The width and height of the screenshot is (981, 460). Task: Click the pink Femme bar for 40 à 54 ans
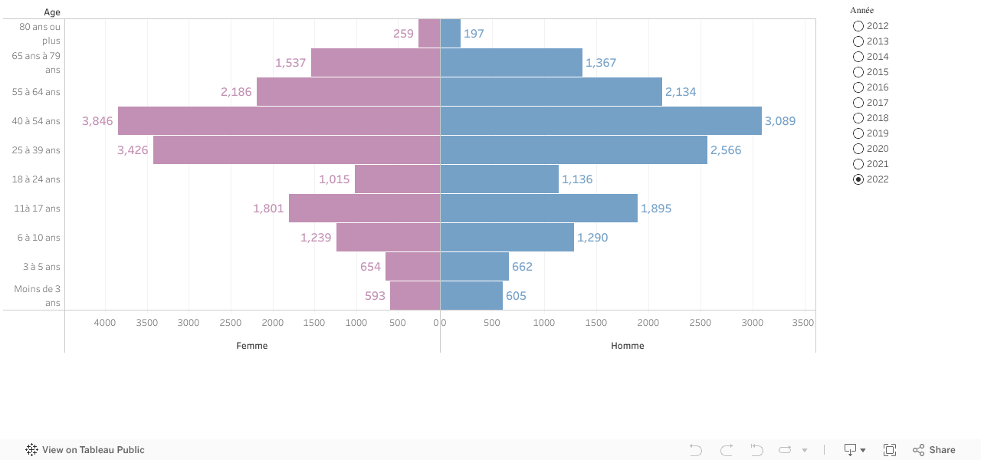click(x=279, y=121)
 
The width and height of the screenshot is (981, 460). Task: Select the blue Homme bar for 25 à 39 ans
click(x=573, y=150)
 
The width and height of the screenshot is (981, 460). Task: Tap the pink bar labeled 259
click(x=429, y=34)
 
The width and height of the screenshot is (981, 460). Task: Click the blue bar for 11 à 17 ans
click(x=539, y=209)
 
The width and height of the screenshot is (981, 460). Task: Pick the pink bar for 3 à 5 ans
click(x=412, y=267)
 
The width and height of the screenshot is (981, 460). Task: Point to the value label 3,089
click(x=780, y=121)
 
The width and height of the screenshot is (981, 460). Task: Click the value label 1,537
click(x=290, y=63)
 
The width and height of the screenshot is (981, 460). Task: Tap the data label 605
click(x=516, y=296)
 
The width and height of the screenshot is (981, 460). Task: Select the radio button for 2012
click(x=858, y=26)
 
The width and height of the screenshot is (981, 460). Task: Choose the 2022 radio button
click(x=858, y=179)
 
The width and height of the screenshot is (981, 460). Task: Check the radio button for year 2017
click(x=858, y=103)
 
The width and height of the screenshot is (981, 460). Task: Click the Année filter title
click(x=861, y=10)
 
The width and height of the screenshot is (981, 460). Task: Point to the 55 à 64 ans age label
click(x=36, y=92)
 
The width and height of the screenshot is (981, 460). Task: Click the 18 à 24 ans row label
click(x=36, y=179)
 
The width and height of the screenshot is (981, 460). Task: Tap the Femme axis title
click(x=252, y=346)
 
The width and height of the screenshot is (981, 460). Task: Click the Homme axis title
click(x=628, y=346)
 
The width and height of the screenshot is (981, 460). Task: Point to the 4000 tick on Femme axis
click(x=105, y=323)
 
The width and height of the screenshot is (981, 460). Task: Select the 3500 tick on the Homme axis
click(x=802, y=323)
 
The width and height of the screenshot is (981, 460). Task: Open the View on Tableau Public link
click(x=85, y=450)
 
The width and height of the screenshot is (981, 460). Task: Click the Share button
click(x=934, y=450)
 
